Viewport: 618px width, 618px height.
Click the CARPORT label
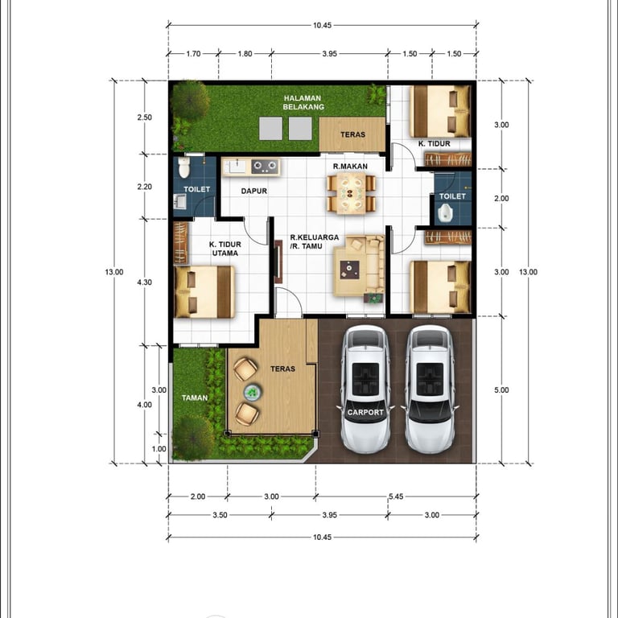[365, 412]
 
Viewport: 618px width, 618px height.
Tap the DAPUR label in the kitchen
[254, 192]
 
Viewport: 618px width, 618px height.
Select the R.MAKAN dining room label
[350, 167]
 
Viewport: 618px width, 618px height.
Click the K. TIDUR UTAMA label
[225, 249]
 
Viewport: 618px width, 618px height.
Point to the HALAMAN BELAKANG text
[303, 102]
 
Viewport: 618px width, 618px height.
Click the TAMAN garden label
[195, 398]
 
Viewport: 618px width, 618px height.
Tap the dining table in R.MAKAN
[351, 193]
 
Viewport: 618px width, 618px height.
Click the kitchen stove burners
[266, 167]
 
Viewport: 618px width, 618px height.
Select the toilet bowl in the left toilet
[184, 168]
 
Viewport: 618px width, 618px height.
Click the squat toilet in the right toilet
[445, 213]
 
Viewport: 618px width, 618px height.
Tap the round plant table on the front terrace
[252, 392]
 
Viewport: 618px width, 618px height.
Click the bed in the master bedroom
[204, 292]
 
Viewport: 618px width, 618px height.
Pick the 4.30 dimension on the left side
[145, 282]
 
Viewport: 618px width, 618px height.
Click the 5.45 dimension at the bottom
[396, 496]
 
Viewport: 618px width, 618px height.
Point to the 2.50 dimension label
[145, 117]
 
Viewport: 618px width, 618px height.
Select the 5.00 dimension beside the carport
[501, 389]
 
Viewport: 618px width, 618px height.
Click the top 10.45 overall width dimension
[323, 25]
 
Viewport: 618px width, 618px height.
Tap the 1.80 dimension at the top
[245, 54]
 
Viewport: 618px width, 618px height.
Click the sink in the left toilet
[179, 201]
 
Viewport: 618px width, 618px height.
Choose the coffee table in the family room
[349, 270]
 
